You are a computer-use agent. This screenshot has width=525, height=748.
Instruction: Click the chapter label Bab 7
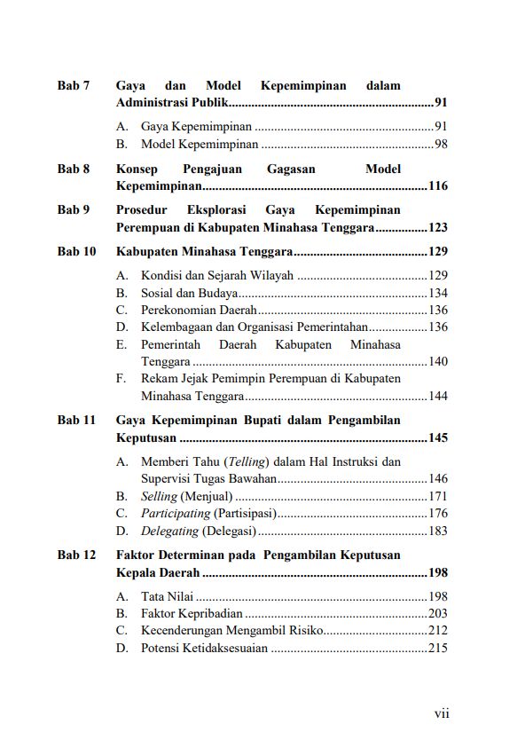(74, 86)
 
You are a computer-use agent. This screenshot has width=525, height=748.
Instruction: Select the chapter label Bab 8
(74, 169)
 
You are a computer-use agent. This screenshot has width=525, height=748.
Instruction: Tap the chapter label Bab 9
(74, 210)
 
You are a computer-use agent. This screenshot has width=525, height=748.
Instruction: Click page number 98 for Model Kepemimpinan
(440, 144)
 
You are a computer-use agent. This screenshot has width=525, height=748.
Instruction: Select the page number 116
(437, 186)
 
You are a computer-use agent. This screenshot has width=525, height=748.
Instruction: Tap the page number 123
(437, 228)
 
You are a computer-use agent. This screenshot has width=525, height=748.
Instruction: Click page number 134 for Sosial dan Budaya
(437, 293)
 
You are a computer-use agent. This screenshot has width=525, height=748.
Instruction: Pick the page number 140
(437, 362)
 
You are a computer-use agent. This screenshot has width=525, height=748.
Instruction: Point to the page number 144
(437, 396)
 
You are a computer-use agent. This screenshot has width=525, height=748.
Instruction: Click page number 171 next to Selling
(437, 496)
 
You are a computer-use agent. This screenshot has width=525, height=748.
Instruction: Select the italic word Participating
(176, 514)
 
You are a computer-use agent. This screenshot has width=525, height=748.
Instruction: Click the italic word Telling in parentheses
(248, 462)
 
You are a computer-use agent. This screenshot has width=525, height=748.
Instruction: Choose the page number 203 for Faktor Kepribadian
(437, 613)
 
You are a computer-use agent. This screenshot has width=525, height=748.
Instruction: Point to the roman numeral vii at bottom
(441, 713)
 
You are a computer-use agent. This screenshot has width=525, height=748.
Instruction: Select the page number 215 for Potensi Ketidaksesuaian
(437, 648)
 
